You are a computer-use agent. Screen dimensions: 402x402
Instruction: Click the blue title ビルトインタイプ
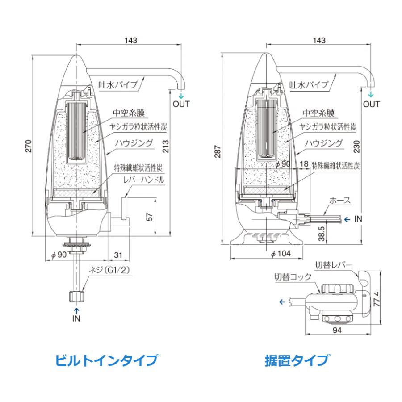click(x=106, y=360)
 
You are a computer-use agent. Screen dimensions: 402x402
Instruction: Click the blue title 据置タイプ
click(x=297, y=360)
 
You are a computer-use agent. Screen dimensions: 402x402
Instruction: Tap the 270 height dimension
click(x=28, y=146)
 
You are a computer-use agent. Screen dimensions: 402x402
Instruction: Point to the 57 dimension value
click(x=150, y=217)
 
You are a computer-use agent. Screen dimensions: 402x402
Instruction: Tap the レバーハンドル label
click(x=144, y=180)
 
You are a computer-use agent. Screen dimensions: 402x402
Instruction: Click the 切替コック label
click(x=292, y=276)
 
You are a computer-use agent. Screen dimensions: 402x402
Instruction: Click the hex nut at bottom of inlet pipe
click(x=76, y=296)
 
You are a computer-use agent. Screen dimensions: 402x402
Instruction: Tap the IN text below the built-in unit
click(x=76, y=318)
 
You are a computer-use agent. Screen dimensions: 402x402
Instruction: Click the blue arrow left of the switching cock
click(x=282, y=301)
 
